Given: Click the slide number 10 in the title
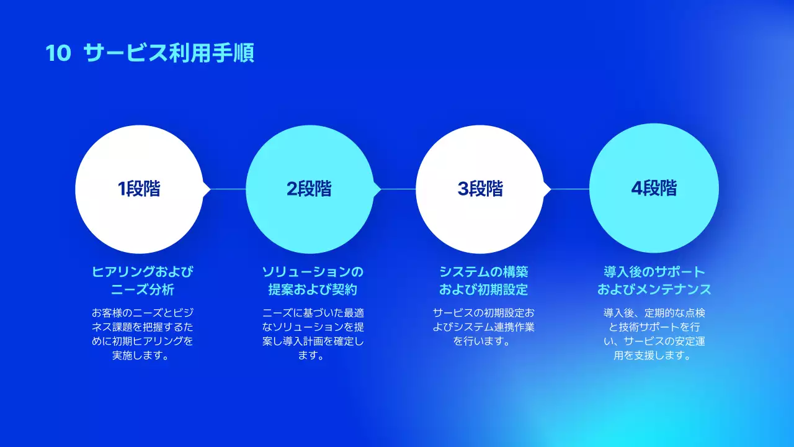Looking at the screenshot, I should click(59, 53).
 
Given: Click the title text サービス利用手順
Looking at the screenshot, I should click(169, 53).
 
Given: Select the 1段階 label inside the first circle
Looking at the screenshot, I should click(139, 189).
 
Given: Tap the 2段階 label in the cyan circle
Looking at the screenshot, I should click(309, 189).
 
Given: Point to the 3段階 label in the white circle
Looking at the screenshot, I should click(480, 189).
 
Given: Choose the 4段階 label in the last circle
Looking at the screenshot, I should click(654, 189).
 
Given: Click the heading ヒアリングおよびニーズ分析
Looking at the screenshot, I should click(143, 281).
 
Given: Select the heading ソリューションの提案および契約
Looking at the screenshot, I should click(313, 281).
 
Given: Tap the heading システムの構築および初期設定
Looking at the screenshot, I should click(484, 281).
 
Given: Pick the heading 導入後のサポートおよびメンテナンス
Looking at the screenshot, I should click(654, 281).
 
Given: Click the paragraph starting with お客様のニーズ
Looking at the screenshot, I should click(143, 334).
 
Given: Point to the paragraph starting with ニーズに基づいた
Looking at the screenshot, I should click(313, 334).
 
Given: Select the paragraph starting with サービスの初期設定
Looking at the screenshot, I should click(484, 327).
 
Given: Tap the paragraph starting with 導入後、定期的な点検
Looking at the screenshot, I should click(654, 334).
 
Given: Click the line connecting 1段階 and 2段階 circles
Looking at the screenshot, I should click(228, 189).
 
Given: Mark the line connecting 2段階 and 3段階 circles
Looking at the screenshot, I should click(398, 189).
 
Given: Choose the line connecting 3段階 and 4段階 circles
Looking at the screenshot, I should click(569, 189).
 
